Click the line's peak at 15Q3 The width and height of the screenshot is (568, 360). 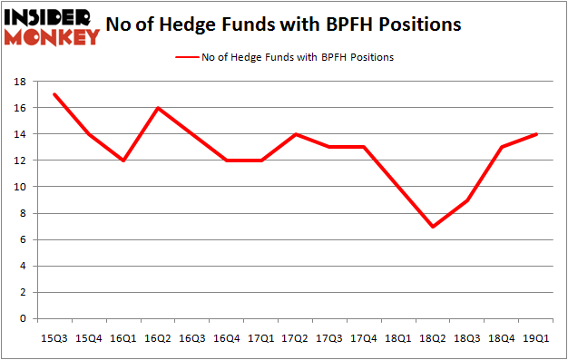(55, 94)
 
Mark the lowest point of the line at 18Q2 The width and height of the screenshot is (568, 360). (433, 227)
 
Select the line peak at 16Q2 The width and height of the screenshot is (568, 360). (157, 108)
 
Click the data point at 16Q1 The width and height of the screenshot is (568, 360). (123, 161)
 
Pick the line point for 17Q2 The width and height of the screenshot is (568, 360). (295, 134)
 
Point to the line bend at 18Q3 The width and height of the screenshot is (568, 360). (466, 200)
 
